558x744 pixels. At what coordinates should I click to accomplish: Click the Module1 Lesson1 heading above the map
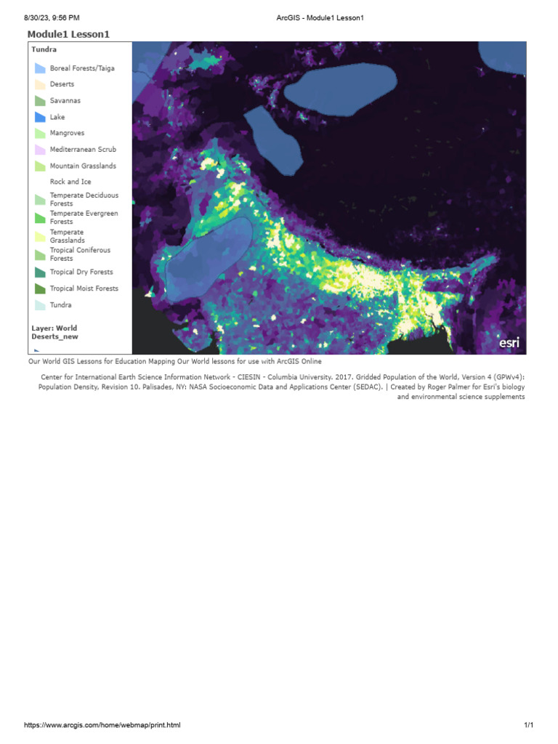(68, 34)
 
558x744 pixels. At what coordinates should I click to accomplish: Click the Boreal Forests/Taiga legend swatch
(41, 68)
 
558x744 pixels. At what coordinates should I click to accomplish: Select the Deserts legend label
(62, 84)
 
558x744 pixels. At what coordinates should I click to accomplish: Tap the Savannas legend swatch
(41, 101)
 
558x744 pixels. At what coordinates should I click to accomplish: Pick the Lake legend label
(57, 117)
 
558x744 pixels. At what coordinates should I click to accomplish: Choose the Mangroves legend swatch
(41, 134)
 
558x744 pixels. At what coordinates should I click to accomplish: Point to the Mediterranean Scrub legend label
(83, 150)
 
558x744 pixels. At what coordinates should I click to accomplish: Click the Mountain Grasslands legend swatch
(41, 166)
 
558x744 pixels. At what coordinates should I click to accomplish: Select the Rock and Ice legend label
(70, 182)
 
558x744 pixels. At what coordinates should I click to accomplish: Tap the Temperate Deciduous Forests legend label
(84, 200)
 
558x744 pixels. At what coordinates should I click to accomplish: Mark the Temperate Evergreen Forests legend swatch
(41, 218)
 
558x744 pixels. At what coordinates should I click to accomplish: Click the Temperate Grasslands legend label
(67, 236)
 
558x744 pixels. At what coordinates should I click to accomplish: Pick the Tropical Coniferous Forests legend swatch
(41, 254)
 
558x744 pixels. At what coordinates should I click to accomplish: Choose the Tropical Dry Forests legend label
(81, 272)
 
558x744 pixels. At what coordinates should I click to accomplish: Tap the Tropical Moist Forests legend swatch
(41, 288)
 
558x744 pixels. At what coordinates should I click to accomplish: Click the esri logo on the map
(509, 342)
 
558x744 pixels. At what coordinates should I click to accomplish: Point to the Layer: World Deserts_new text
(54, 332)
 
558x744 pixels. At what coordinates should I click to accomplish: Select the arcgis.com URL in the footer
(102, 725)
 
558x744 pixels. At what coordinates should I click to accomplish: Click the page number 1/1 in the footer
(528, 725)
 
